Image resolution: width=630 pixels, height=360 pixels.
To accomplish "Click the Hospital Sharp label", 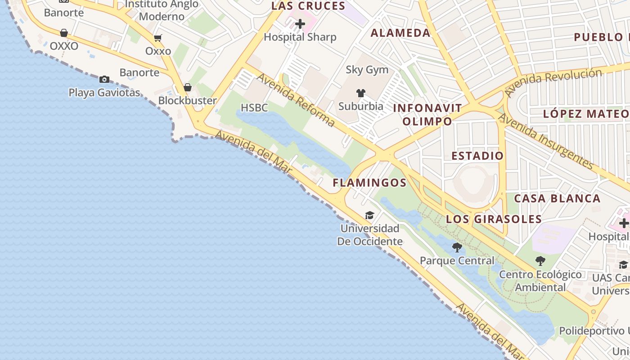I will pos(300,37).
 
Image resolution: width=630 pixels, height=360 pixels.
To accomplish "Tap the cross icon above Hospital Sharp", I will pos(300,23).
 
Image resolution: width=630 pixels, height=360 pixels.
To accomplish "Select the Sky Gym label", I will pos(367,70).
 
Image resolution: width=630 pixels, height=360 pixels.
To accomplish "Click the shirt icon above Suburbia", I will pos(361,93).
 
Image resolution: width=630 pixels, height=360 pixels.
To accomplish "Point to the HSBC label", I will pos(254,108).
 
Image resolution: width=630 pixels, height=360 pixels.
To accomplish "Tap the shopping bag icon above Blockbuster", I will pos(188,87).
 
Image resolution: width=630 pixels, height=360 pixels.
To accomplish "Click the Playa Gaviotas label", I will pos(104,93).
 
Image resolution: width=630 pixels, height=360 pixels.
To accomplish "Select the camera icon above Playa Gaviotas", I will pos(104,80).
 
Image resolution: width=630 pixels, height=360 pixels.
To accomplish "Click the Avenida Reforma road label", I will pos(296,100).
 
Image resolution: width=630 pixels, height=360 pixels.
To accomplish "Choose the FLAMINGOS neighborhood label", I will pos(369,183).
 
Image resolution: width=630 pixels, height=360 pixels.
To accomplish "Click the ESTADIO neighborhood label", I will pos(477,156).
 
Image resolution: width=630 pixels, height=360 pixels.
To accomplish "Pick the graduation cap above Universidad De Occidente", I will pos(369,216).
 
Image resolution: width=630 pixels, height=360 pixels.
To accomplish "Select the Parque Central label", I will pos(457,261).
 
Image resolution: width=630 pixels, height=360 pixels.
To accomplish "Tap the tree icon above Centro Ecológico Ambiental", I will pos(540,261).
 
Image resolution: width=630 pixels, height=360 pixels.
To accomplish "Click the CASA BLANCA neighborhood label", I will pos(557,198).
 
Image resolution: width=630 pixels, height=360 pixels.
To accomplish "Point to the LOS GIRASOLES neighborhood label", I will pos(494,219).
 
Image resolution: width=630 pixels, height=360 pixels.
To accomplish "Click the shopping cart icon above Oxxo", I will pos(157,38).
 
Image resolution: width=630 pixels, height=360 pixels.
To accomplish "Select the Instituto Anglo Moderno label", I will pos(162,10).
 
